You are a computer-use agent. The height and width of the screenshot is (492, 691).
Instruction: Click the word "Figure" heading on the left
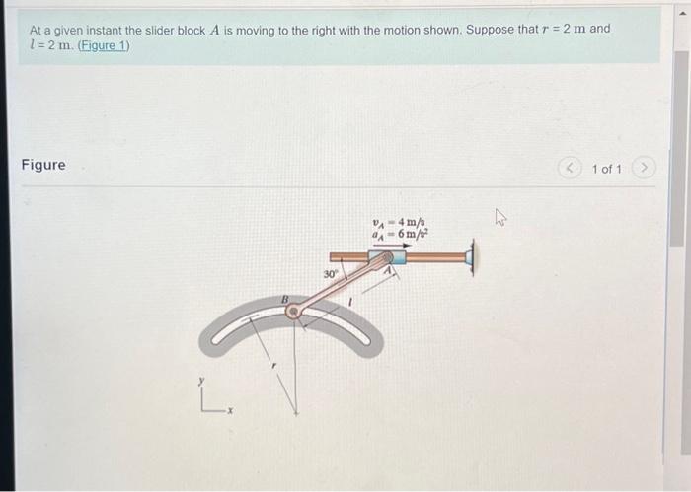(x=43, y=165)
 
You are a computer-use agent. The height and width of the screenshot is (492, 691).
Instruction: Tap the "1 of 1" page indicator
(x=606, y=169)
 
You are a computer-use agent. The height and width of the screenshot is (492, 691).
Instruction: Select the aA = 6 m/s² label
(x=394, y=236)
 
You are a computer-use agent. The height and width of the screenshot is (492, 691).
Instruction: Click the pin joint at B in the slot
(x=293, y=312)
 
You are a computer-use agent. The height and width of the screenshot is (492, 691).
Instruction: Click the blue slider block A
(x=387, y=258)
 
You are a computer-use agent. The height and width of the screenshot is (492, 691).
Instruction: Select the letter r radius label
(x=275, y=366)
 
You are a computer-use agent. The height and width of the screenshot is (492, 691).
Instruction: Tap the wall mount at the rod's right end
(x=470, y=258)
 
